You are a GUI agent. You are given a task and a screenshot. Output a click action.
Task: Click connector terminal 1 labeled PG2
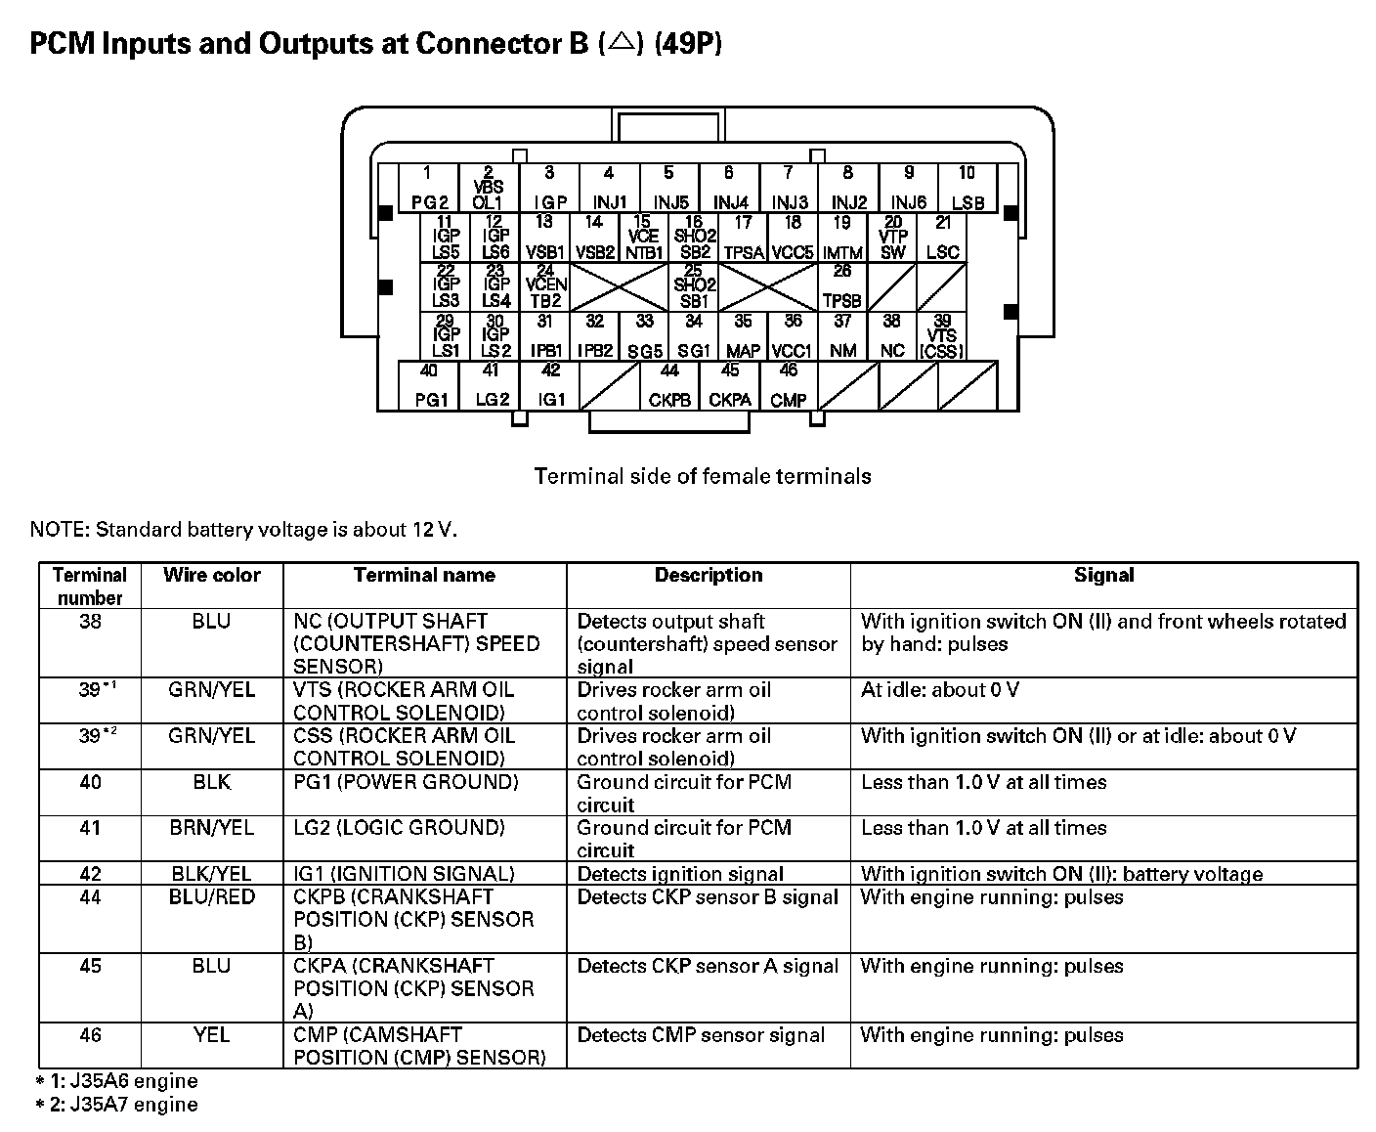tap(428, 189)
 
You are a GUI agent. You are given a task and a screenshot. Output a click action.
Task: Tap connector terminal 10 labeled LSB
tap(967, 189)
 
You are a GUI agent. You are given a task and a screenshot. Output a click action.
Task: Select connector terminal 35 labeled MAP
tap(743, 335)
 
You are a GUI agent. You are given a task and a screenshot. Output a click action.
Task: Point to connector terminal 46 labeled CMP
tap(789, 386)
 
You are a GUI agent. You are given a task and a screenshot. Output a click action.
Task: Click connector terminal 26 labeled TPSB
tap(842, 286)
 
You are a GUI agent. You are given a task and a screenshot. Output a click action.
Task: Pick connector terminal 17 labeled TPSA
tap(743, 238)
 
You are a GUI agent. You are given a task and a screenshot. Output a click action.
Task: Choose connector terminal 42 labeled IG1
tap(551, 386)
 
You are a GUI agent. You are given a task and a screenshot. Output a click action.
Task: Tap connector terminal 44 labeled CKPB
tap(669, 386)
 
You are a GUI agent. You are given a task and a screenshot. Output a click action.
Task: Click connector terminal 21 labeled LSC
tap(942, 238)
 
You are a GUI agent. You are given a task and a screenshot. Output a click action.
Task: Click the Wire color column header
tap(212, 576)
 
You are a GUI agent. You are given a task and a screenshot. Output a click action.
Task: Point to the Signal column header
tap(1103, 576)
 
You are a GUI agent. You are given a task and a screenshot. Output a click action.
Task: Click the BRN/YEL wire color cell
tap(212, 828)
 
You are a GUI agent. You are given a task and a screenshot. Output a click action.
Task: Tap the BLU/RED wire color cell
tap(212, 897)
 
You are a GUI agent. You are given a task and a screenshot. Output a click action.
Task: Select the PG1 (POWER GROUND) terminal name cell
tap(406, 782)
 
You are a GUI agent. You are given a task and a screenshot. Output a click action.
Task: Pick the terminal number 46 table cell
tap(90, 1035)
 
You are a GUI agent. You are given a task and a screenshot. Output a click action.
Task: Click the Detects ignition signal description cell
tap(680, 874)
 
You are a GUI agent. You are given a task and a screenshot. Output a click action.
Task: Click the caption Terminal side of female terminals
tap(703, 477)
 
